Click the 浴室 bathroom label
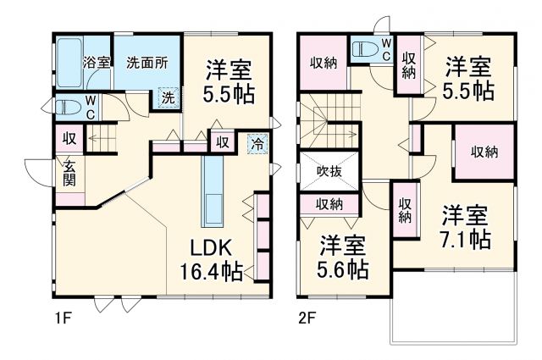(97, 62)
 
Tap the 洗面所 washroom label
(146, 62)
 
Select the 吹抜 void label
(330, 171)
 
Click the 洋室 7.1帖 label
(464, 225)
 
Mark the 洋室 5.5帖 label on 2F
(467, 77)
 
